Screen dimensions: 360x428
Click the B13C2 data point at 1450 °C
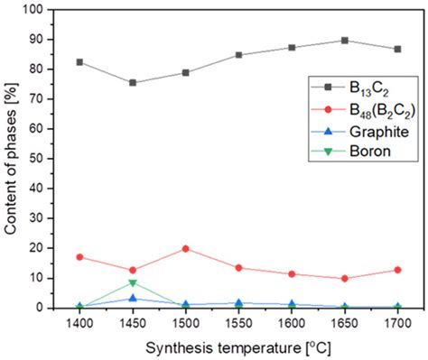pos(133,82)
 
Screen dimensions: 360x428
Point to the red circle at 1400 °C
pos(79,257)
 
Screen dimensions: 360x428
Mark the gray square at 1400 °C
pos(79,61)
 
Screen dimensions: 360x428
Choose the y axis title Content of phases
pos(13,159)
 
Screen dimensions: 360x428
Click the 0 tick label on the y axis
pos(51,308)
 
